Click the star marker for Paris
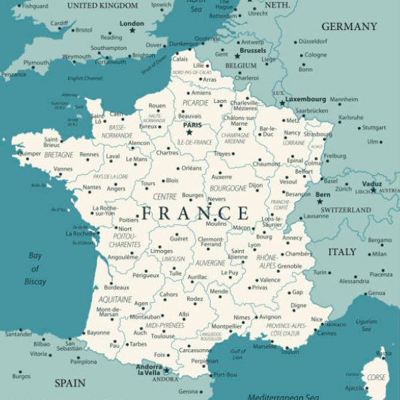click(189, 132)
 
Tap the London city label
click(131, 24)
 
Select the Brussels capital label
click(253, 51)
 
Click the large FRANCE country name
click(194, 213)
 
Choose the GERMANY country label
click(349, 26)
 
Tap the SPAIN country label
click(70, 383)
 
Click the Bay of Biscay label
click(35, 269)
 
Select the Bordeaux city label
click(116, 288)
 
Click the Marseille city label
click(264, 346)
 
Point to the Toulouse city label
click(163, 336)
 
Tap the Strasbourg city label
click(318, 134)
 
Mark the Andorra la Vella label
click(149, 369)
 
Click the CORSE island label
click(376, 377)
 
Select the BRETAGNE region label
click(59, 154)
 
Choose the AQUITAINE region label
click(115, 299)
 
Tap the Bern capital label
click(324, 194)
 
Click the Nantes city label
click(91, 187)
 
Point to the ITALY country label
click(342, 252)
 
